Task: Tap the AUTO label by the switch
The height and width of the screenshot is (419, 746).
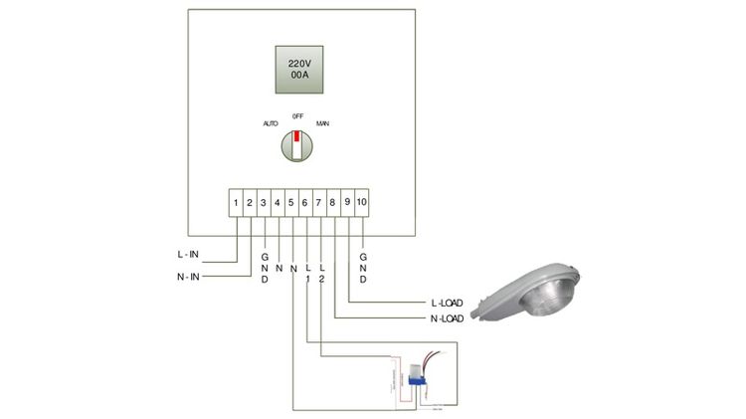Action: click(x=270, y=123)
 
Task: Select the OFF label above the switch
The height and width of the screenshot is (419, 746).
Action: click(x=297, y=115)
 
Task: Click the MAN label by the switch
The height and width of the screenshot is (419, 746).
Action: click(x=322, y=123)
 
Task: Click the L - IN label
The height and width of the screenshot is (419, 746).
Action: click(x=188, y=255)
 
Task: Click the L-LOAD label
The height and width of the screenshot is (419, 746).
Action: click(x=448, y=301)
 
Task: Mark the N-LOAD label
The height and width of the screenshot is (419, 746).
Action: click(x=448, y=318)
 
